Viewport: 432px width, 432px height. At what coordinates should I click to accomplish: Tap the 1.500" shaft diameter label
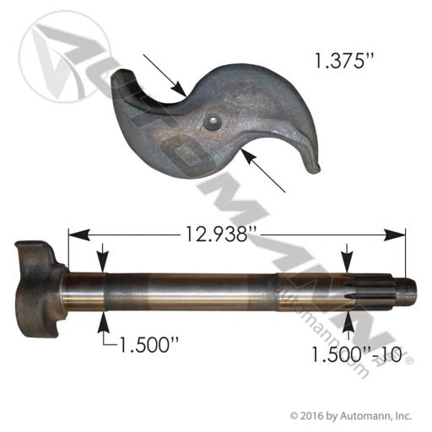(x=149, y=344)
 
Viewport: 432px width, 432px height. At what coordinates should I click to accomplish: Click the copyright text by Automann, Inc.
(x=351, y=416)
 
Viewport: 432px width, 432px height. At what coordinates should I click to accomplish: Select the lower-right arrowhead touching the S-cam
(x=250, y=157)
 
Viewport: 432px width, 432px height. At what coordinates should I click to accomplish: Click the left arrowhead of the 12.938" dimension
(x=79, y=235)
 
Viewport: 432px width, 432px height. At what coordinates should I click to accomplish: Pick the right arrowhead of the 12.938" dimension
(x=395, y=235)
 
